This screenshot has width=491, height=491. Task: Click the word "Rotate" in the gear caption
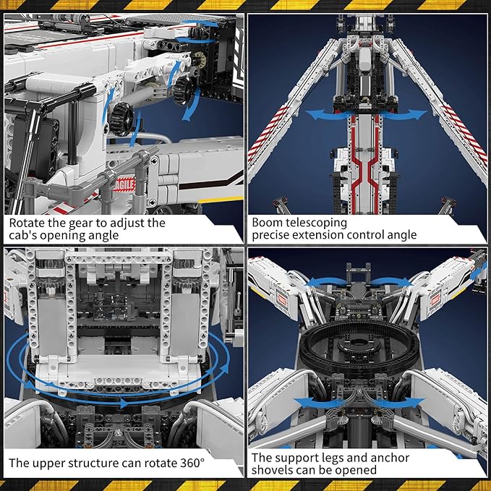point(28,223)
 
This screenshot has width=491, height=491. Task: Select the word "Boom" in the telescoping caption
point(268,223)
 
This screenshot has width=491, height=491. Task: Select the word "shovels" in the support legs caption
point(274,470)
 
